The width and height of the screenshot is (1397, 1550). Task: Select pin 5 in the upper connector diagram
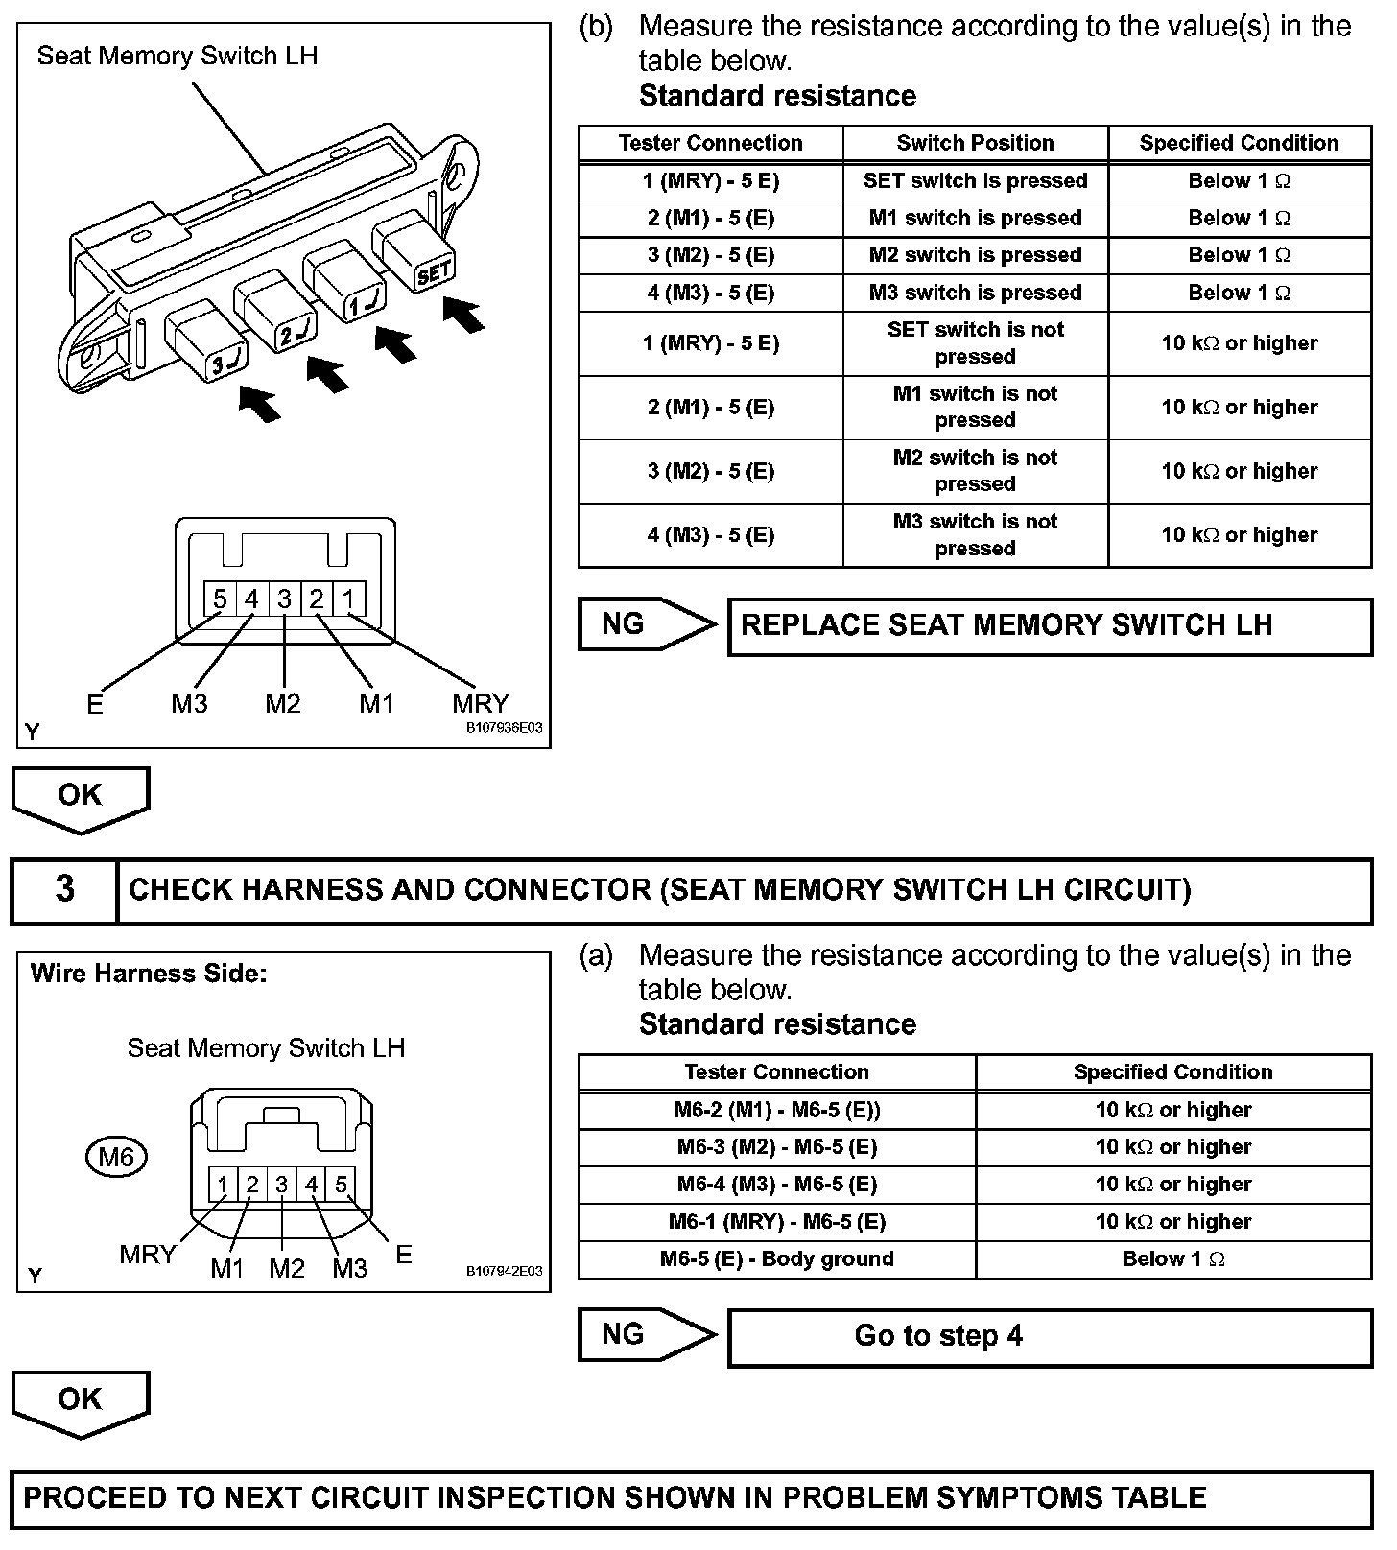coord(220,599)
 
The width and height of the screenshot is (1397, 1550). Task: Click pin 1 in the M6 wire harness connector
coord(223,1185)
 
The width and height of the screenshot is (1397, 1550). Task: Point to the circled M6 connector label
coord(116,1157)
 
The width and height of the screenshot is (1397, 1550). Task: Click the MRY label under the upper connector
coord(481,703)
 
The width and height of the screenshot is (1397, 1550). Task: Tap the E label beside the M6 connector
coord(403,1255)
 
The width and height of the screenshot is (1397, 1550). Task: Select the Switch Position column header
coord(975,143)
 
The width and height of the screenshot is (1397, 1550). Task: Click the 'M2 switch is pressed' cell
coord(975,255)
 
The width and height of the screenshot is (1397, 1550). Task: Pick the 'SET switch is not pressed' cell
coord(975,342)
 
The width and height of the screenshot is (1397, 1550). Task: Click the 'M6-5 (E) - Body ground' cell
coord(776,1258)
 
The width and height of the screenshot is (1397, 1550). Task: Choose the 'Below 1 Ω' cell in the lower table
coord(1172,1258)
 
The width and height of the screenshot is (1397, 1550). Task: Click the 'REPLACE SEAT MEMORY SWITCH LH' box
coord(1050,625)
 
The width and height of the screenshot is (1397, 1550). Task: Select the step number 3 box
coord(64,889)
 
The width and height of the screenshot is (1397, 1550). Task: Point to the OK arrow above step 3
coord(80,798)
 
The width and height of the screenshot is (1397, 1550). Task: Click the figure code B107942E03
coord(504,1271)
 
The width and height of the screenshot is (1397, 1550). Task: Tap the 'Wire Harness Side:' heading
coord(149,974)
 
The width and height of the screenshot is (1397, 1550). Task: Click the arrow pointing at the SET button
coord(464,315)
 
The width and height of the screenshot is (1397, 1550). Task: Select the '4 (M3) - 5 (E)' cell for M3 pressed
coord(710,293)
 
